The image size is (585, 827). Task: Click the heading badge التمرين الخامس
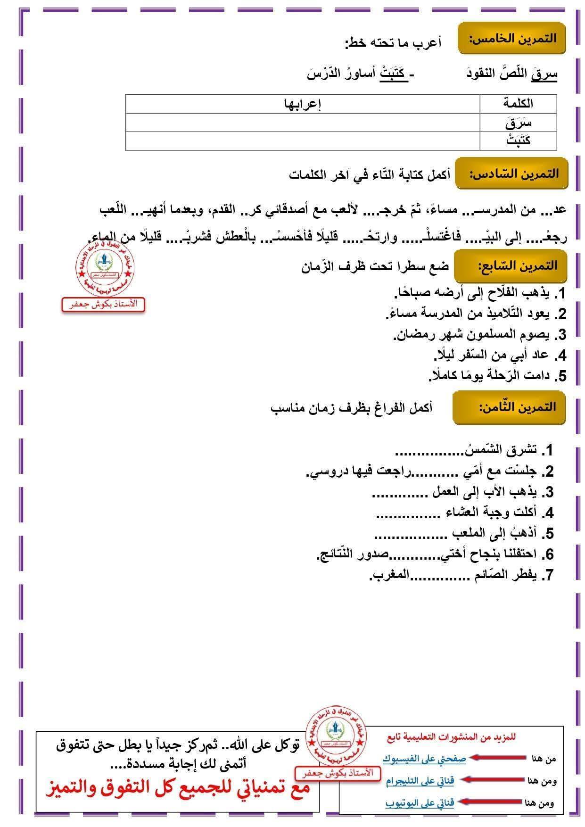pos(511,38)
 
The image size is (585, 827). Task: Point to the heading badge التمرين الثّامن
pos(509,407)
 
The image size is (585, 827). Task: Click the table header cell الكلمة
pos(518,103)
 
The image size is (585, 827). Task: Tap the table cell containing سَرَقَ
pos(518,123)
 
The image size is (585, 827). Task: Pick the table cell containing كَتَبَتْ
pos(518,141)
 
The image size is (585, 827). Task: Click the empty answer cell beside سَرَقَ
pos(302,123)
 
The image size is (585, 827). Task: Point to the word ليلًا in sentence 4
pos(448,355)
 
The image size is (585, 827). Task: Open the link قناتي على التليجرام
pos(420,780)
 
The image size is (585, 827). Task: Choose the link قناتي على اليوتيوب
pos(420,802)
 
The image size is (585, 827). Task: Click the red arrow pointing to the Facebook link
pos(498,757)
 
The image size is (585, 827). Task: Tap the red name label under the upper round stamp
pos(103,304)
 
